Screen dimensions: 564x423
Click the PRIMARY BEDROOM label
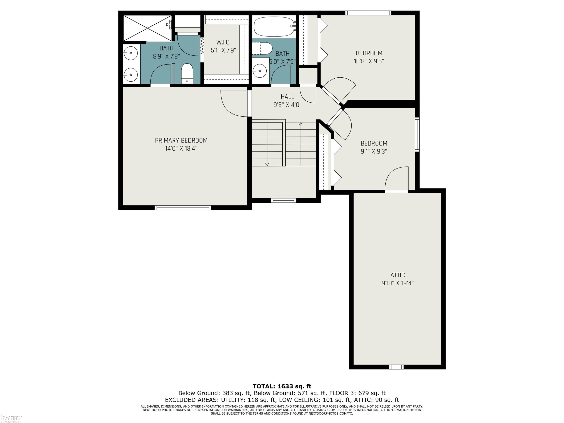point(181,140)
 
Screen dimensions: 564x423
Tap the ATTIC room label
point(397,275)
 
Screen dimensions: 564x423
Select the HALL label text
point(287,97)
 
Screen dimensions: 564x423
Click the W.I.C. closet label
point(223,42)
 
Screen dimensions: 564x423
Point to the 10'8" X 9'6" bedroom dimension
point(369,61)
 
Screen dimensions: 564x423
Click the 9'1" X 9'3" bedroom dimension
point(374,151)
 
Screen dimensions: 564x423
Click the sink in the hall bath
point(260,70)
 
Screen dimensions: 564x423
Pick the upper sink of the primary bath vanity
point(130,53)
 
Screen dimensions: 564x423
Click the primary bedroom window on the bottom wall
point(183,208)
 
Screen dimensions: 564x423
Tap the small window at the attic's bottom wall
point(396,367)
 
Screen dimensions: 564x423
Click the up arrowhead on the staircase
point(301,124)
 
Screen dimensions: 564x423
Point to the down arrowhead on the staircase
point(267,164)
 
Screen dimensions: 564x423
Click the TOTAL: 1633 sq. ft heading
point(282,386)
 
